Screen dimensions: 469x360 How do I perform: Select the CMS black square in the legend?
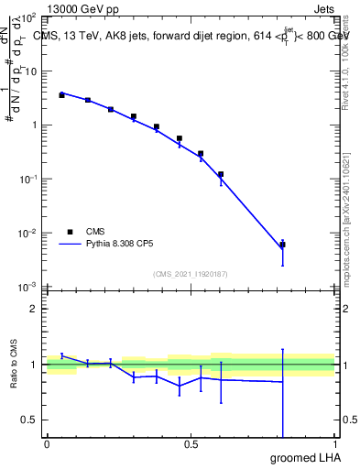click(x=70, y=232)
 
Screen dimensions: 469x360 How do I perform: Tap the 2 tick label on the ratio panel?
click(x=33, y=309)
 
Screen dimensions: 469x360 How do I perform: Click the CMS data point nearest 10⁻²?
click(x=283, y=245)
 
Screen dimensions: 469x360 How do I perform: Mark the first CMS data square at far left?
click(x=61, y=94)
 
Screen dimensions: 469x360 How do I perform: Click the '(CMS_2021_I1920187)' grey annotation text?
click(x=190, y=273)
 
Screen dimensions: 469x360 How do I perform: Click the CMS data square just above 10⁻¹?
click(x=221, y=174)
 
